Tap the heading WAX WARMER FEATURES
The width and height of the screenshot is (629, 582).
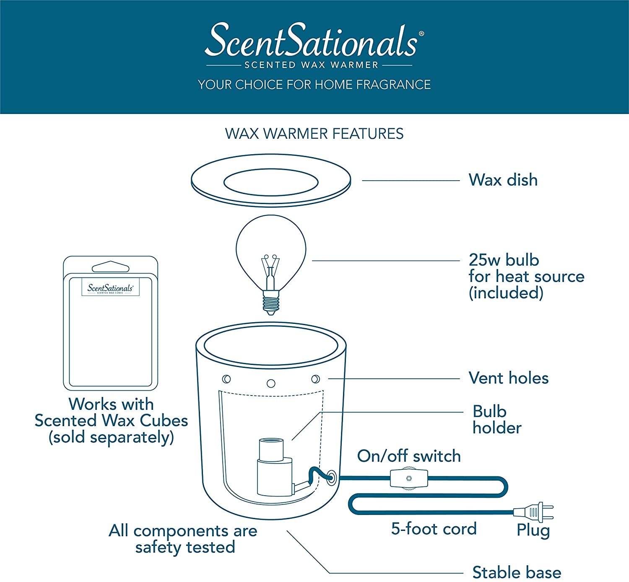click(x=314, y=134)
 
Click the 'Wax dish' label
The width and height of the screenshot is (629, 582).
click(x=503, y=180)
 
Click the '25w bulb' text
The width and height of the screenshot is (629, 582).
click(x=504, y=260)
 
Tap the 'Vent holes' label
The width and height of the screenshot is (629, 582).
click(x=508, y=378)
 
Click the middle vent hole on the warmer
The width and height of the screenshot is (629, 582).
click(x=271, y=383)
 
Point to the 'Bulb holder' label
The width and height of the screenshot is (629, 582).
click(x=496, y=419)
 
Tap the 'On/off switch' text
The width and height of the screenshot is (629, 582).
click(x=409, y=456)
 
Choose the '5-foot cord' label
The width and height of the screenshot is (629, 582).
click(x=434, y=529)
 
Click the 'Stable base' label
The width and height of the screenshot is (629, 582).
click(x=516, y=572)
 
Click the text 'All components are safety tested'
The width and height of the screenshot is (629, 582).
click(x=183, y=539)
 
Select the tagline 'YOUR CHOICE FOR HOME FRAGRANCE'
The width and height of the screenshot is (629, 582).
click(x=314, y=85)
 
